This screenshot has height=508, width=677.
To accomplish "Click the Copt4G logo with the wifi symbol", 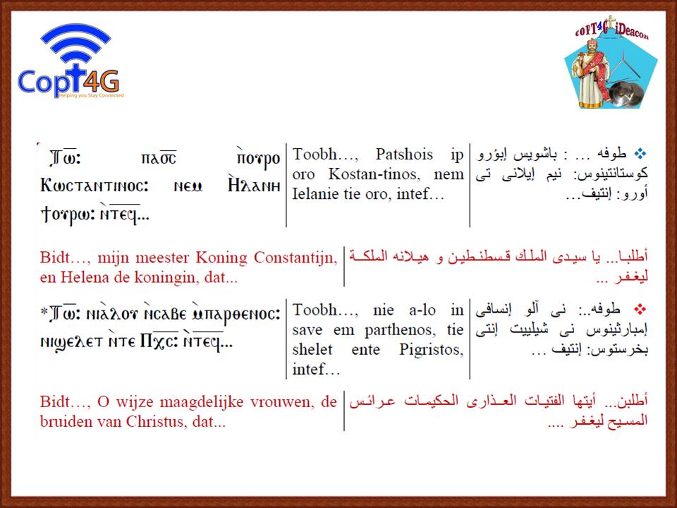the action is coord(71,61).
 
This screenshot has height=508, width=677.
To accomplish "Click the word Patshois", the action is coord(404,155).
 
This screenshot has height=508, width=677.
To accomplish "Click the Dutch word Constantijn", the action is coord(295,258).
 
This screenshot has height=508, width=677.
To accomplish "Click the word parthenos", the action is coord(399,330).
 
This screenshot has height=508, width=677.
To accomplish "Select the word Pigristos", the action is coord(432,350).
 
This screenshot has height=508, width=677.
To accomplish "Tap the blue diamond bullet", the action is coord(640,153).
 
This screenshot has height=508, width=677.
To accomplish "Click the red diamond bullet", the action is coord(640,309).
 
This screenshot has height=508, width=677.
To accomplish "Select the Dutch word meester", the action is coord(162,258).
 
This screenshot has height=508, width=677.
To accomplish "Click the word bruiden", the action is coord(65,422).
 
